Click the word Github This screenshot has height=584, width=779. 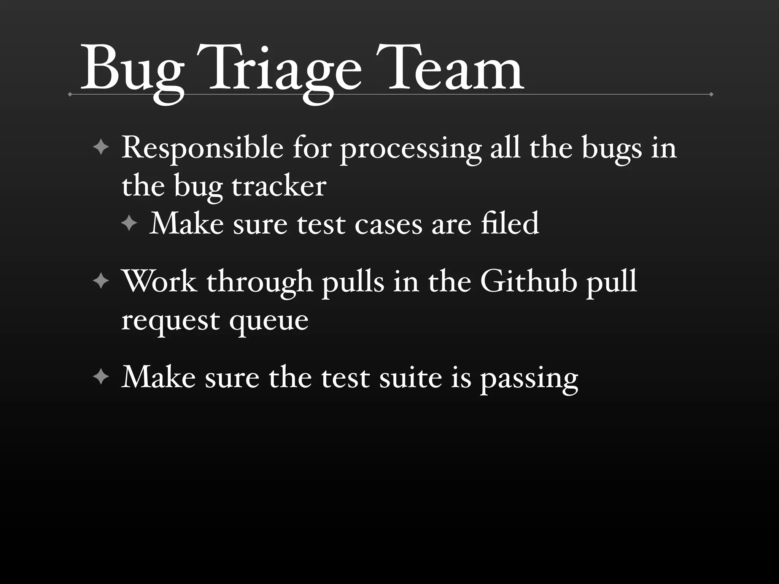529,282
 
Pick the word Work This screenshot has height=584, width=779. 160,282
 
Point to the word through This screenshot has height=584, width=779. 260,283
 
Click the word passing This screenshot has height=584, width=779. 529,379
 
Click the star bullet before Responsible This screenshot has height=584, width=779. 101,147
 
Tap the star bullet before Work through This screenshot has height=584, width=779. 101,282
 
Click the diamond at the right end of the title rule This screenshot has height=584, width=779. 711,94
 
